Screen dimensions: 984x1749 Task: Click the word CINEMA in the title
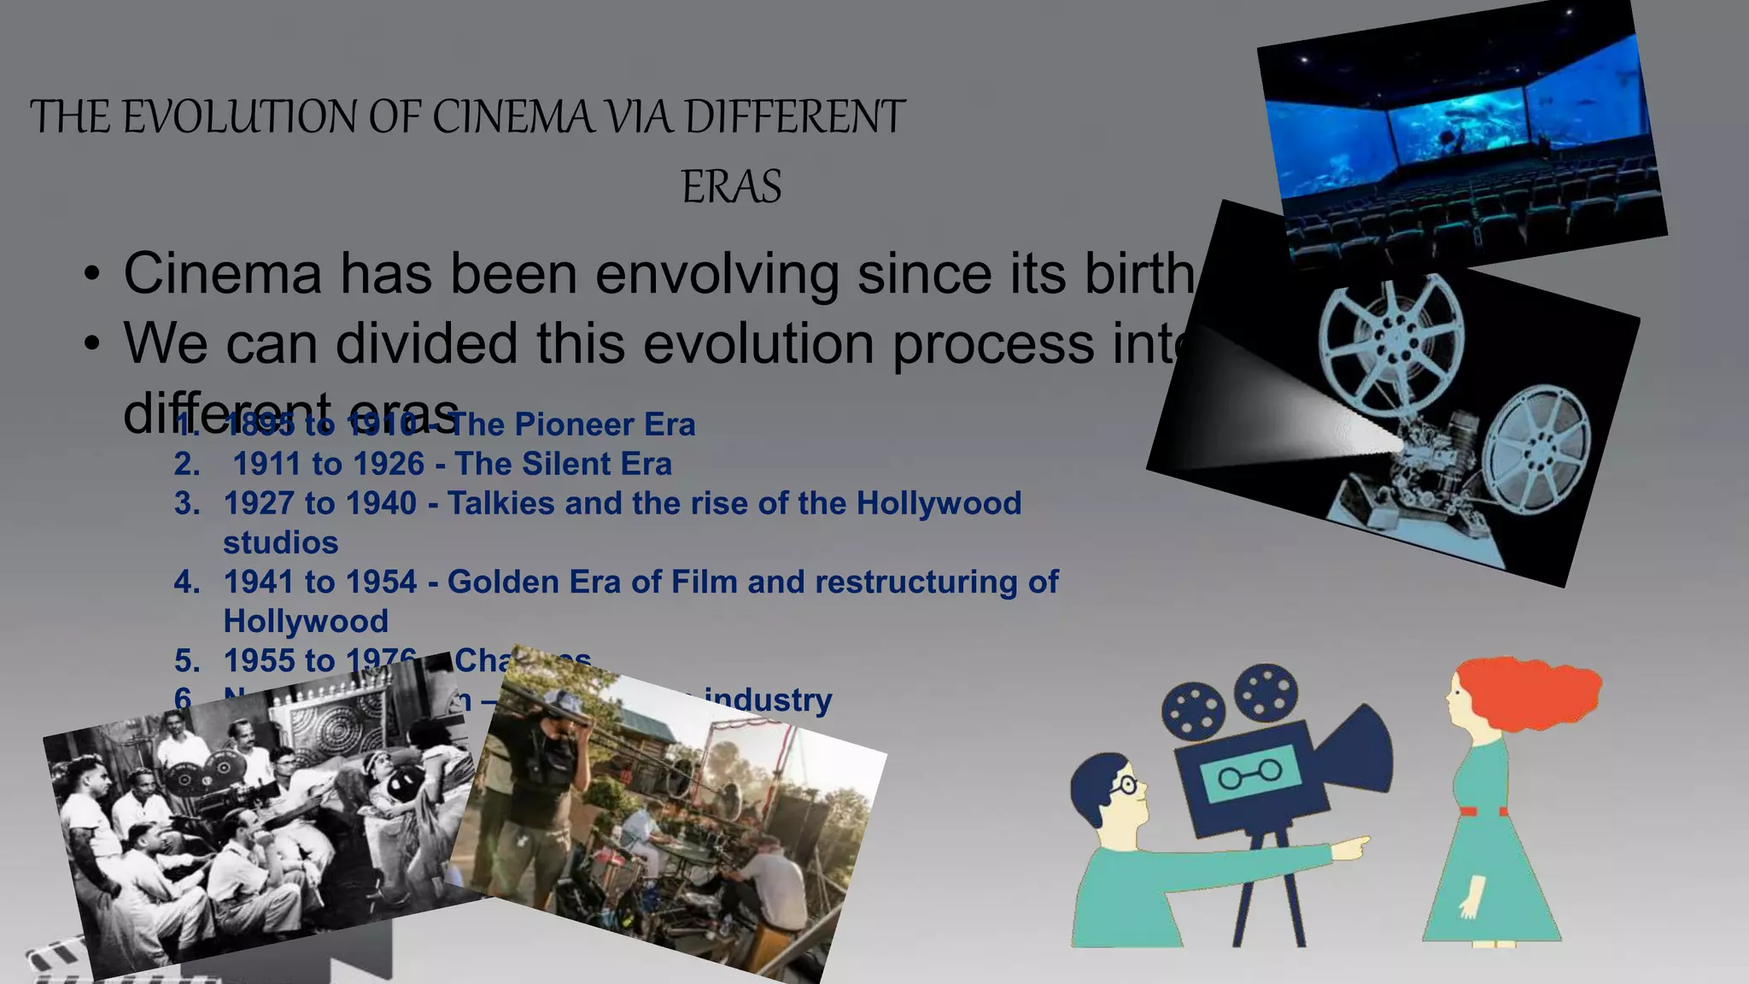click(x=512, y=117)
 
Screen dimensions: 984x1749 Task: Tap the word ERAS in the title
click(x=731, y=187)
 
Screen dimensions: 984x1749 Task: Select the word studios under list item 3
click(x=280, y=542)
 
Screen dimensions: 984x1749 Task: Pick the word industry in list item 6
click(x=768, y=700)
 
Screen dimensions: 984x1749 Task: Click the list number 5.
click(x=187, y=660)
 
